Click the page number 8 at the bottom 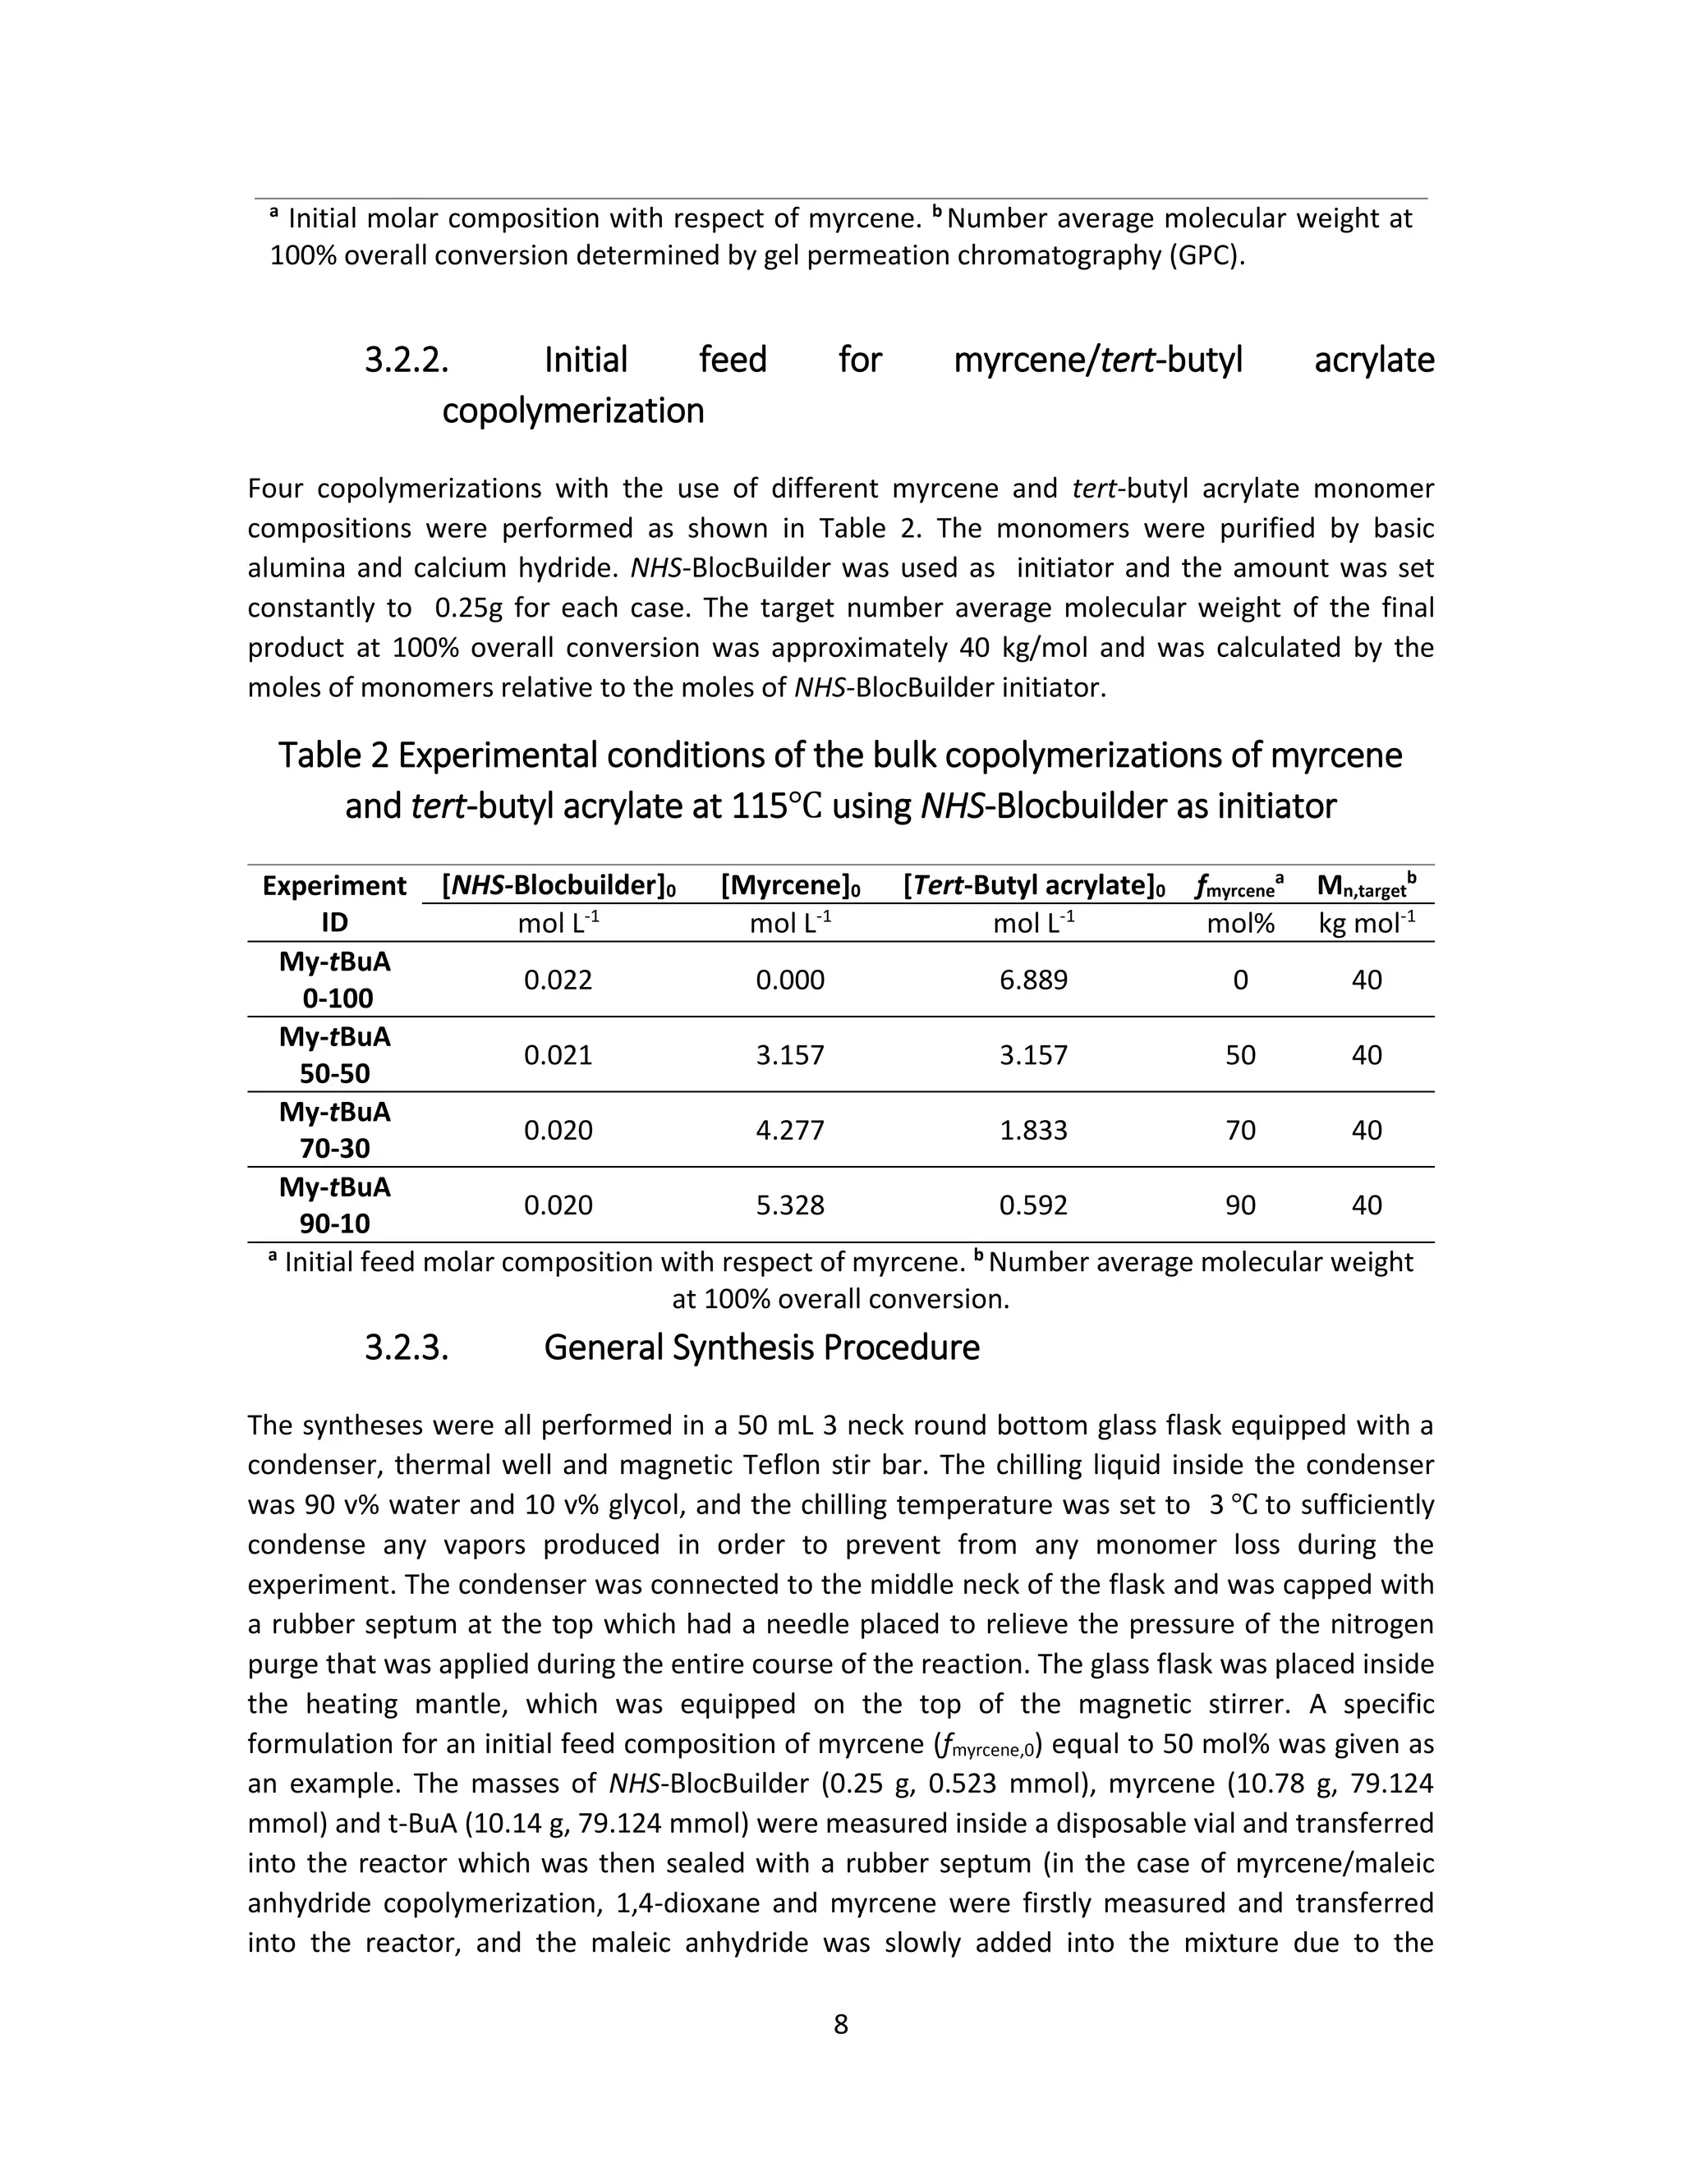840,2023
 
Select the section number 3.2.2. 407,360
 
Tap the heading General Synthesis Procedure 761,1347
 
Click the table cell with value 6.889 1033,980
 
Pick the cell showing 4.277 790,1130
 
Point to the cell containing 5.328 790,1205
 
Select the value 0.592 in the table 1033,1205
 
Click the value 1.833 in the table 1033,1130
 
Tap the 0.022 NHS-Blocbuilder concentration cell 558,980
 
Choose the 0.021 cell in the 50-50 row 558,1055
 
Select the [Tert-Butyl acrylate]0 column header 1033,886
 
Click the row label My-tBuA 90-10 335,1205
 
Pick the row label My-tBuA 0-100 335,980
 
